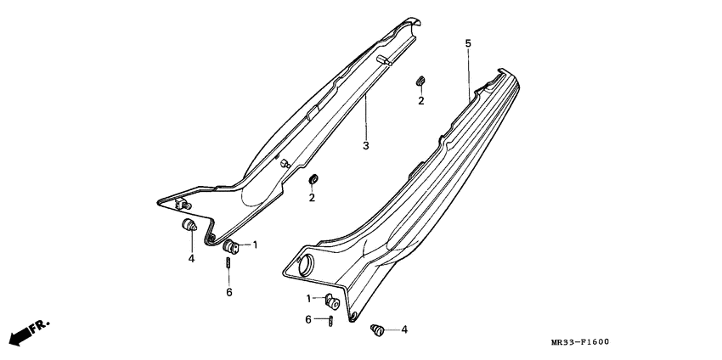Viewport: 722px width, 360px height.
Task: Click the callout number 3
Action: click(x=365, y=146)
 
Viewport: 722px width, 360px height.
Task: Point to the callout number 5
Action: click(x=468, y=44)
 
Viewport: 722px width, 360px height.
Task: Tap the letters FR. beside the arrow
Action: click(x=39, y=327)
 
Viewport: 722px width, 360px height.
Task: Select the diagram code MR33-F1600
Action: click(x=579, y=342)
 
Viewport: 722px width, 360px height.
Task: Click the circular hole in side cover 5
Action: click(x=306, y=266)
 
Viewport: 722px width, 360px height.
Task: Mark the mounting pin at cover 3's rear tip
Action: click(x=384, y=61)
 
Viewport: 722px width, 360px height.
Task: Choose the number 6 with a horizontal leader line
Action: click(x=308, y=319)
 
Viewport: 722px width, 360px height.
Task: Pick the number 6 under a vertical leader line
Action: click(x=228, y=292)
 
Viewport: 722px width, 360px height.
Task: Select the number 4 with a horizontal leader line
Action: click(x=404, y=329)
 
